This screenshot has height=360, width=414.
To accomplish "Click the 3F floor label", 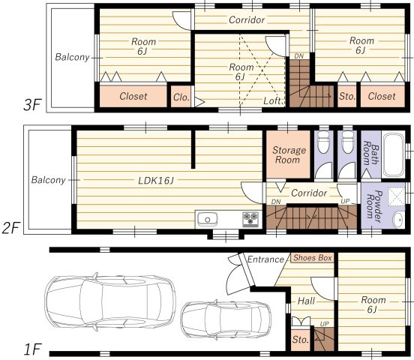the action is [x=32, y=105].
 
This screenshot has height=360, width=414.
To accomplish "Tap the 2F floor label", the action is [x=10, y=228].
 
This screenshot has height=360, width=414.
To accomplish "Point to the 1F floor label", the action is [x=32, y=349].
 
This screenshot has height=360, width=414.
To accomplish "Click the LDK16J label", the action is [x=156, y=181].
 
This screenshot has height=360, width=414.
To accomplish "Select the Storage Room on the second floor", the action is [x=288, y=154].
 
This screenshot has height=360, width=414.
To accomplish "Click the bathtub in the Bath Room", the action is [x=394, y=155].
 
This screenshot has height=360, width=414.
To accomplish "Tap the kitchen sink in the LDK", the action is [x=208, y=220].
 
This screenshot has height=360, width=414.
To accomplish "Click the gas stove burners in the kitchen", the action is [x=250, y=219].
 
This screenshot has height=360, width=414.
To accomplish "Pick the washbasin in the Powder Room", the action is [x=398, y=220].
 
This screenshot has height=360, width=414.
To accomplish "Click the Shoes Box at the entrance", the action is [x=312, y=258].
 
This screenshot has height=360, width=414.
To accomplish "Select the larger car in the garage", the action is [x=110, y=301].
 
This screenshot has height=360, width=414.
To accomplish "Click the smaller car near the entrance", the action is [x=226, y=319].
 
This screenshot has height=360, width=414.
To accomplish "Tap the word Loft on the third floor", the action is [x=272, y=100].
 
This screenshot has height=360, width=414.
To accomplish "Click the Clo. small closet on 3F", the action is [x=181, y=97].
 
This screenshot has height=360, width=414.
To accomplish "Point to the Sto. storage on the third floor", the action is [x=347, y=96].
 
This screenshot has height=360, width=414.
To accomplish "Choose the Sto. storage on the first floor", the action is [x=301, y=339].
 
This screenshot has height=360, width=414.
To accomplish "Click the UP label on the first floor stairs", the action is [x=324, y=324].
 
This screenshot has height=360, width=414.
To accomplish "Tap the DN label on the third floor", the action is [x=299, y=56].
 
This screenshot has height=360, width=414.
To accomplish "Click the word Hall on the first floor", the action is [x=306, y=301].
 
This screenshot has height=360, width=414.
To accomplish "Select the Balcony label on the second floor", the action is [x=48, y=180].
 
